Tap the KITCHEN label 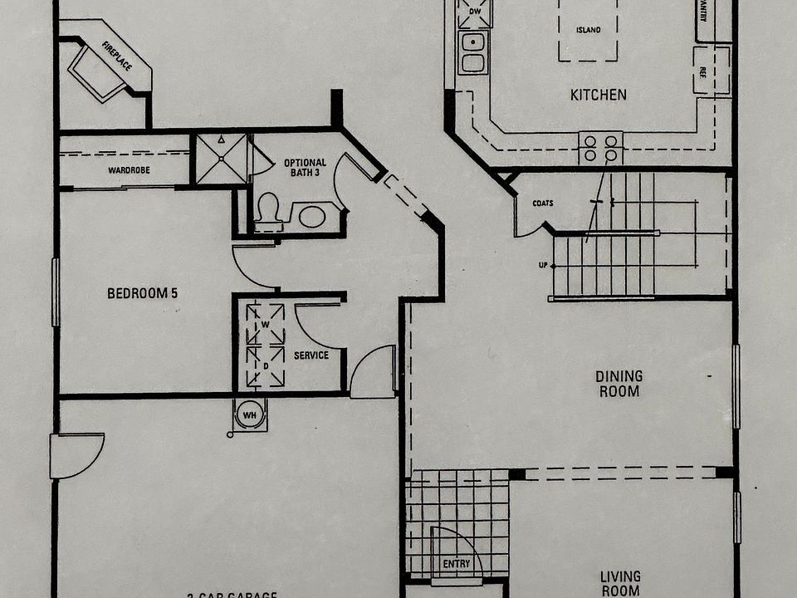coord(598,95)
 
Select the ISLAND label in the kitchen coord(589,30)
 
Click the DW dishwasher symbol coord(475,12)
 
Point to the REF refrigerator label coord(702,71)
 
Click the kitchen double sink coord(473,51)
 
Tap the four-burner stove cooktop coord(600,148)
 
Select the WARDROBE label coord(128,171)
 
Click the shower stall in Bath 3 coord(221,158)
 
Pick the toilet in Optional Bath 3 coord(267,211)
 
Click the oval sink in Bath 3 coord(311,218)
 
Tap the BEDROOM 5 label coord(143,293)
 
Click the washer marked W coord(265,323)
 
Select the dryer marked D coord(265,366)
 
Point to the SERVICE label coord(311,355)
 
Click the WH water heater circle coord(249,414)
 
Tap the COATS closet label coord(544,203)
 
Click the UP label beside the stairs coord(543,265)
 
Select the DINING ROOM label coord(619,384)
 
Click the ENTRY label coord(456,564)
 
